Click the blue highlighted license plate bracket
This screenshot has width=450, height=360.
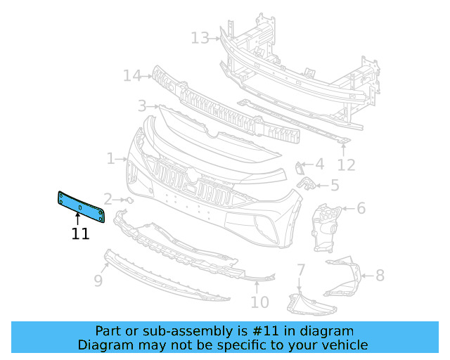point(81,207)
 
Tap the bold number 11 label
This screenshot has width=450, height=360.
point(80,234)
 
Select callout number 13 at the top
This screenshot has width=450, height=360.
point(200,37)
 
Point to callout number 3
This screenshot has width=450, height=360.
point(142,105)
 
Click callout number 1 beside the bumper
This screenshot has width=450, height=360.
point(110,159)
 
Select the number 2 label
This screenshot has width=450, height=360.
point(108,199)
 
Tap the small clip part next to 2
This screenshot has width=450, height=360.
point(129,200)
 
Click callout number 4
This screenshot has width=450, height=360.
point(319,165)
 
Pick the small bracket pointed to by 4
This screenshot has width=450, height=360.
point(300,167)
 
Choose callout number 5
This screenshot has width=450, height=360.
point(335,186)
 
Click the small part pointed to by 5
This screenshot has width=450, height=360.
point(307,184)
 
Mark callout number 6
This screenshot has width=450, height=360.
point(361,208)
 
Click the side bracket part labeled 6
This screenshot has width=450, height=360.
point(325,225)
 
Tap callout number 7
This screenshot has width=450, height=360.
point(300,269)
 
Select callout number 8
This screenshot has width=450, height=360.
point(380,275)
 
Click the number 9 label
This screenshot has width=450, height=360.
point(98,281)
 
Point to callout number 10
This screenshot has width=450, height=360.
point(259,302)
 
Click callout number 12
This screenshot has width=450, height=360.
point(346,165)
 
